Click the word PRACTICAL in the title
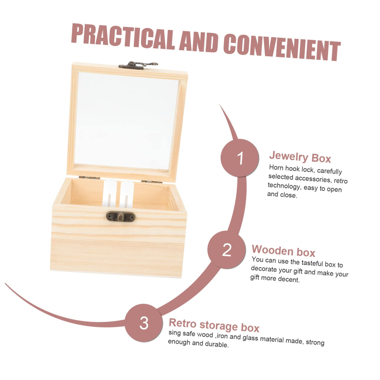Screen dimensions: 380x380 pos(123,37)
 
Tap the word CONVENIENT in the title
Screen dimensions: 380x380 pos(282,47)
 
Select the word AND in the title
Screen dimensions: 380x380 pos(199,42)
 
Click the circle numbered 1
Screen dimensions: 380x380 pos(239,158)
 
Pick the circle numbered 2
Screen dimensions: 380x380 pos(227,250)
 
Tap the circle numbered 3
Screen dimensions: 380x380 pos(144,323)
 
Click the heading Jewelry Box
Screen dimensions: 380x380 pos(300,157)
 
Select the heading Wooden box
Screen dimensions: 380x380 pos(283,251)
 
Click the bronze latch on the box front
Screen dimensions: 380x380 pos(121,217)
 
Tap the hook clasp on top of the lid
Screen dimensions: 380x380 pos(138,65)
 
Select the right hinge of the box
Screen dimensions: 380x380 pos(151,182)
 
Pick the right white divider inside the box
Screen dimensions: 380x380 pos(127,194)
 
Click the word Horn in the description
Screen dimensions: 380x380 pos(276,167)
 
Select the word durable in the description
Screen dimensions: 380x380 pos(217,344)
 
